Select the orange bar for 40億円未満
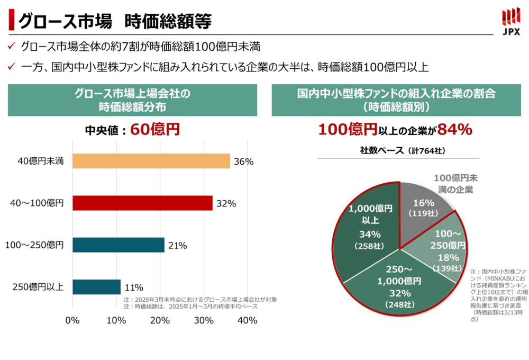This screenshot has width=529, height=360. pos(151,161)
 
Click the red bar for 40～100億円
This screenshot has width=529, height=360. pos(142,203)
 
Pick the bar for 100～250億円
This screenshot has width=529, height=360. pos(118,245)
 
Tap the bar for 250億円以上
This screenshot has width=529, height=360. pos(96,287)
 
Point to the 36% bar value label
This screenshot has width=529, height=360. pos(243,161)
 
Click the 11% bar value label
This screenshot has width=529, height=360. pos(134,287)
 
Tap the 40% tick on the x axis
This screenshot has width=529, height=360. pos(247,320)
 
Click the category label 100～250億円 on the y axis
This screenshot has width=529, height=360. pos(34,245)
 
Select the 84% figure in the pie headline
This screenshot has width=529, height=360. pos(454,129)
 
